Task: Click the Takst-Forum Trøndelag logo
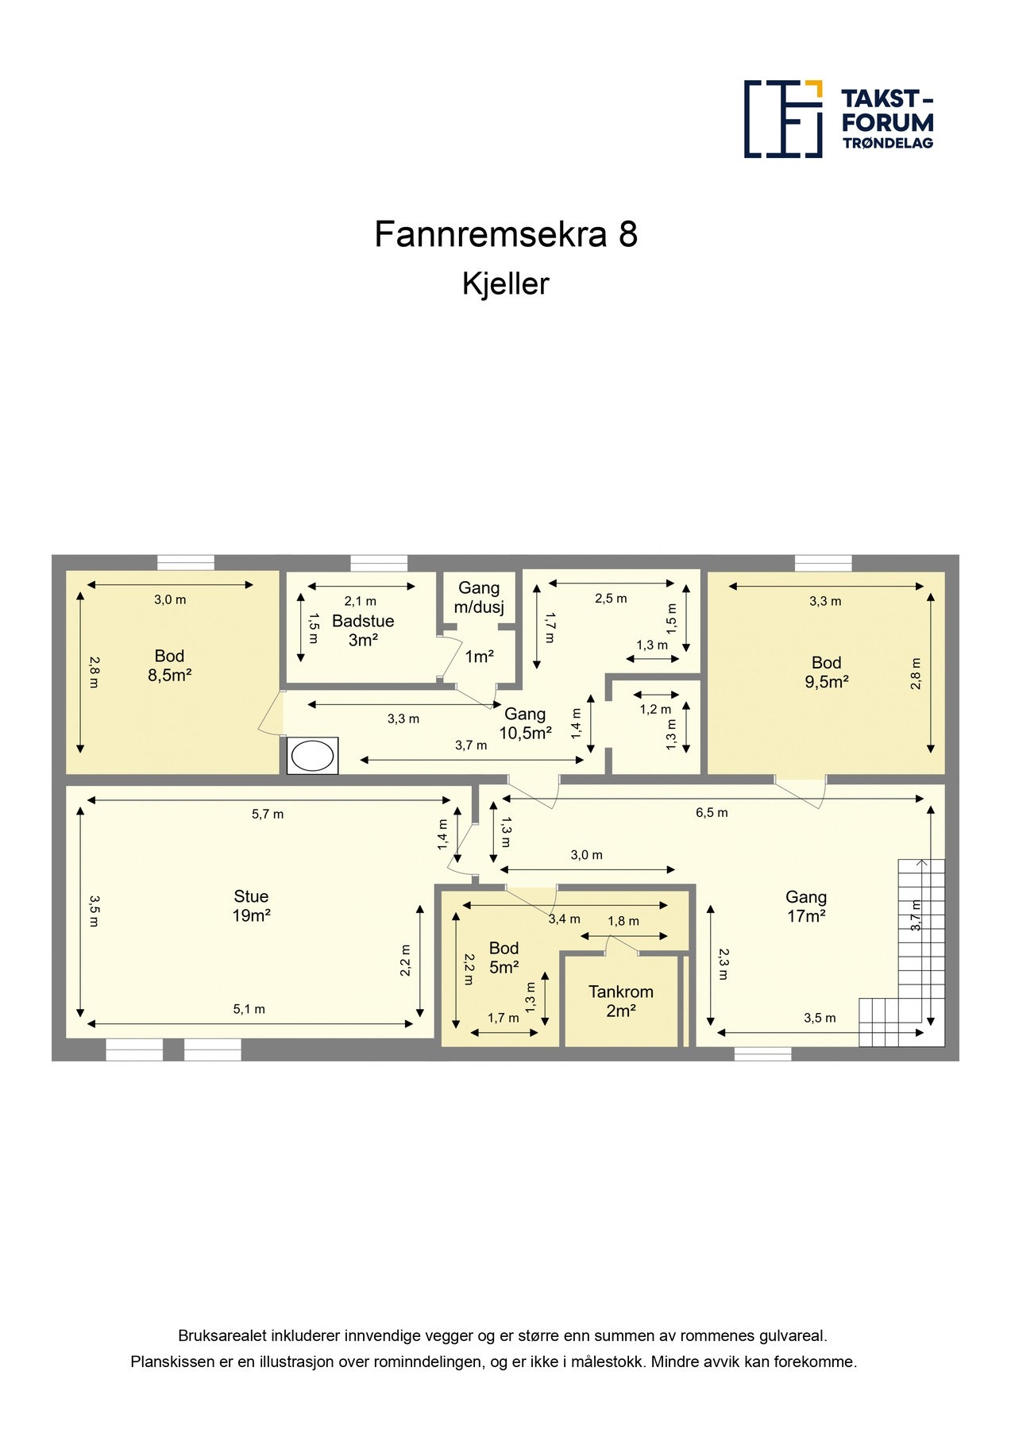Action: (839, 119)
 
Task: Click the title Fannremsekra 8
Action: (506, 234)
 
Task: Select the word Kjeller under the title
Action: (506, 284)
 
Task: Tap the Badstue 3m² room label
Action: (363, 630)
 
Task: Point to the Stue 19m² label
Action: (251, 906)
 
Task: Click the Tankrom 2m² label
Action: (621, 1001)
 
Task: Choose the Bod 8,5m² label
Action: (170, 665)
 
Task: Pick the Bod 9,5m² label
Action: (827, 672)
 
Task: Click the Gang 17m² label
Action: (806, 907)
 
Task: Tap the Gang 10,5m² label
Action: (525, 723)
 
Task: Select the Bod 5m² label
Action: (504, 957)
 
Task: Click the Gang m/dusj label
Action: (479, 598)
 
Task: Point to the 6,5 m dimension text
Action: (712, 812)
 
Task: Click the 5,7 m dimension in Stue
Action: (268, 814)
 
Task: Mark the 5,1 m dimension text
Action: (249, 1009)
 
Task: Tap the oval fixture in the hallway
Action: (312, 757)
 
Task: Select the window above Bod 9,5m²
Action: (823, 563)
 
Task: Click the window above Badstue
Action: (379, 563)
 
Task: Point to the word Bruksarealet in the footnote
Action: (222, 1336)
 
